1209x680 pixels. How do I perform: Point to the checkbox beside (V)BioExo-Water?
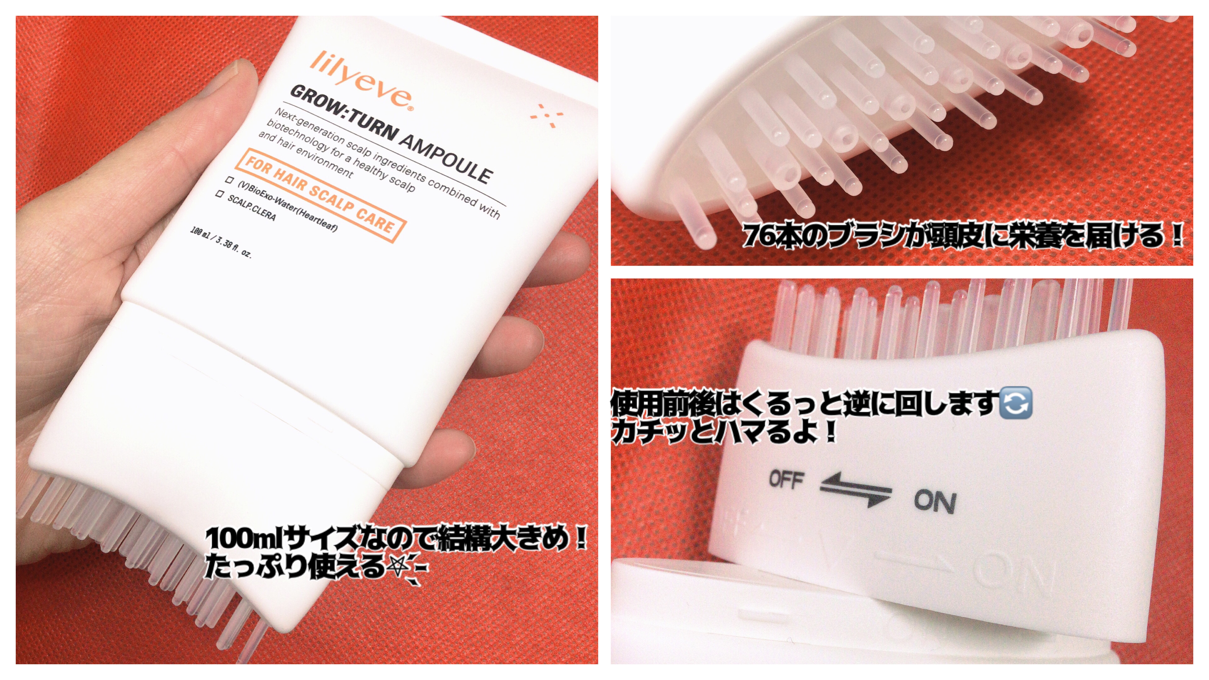click(230, 180)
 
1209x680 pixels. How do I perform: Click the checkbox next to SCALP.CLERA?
click(219, 193)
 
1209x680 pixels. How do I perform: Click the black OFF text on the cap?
click(786, 479)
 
